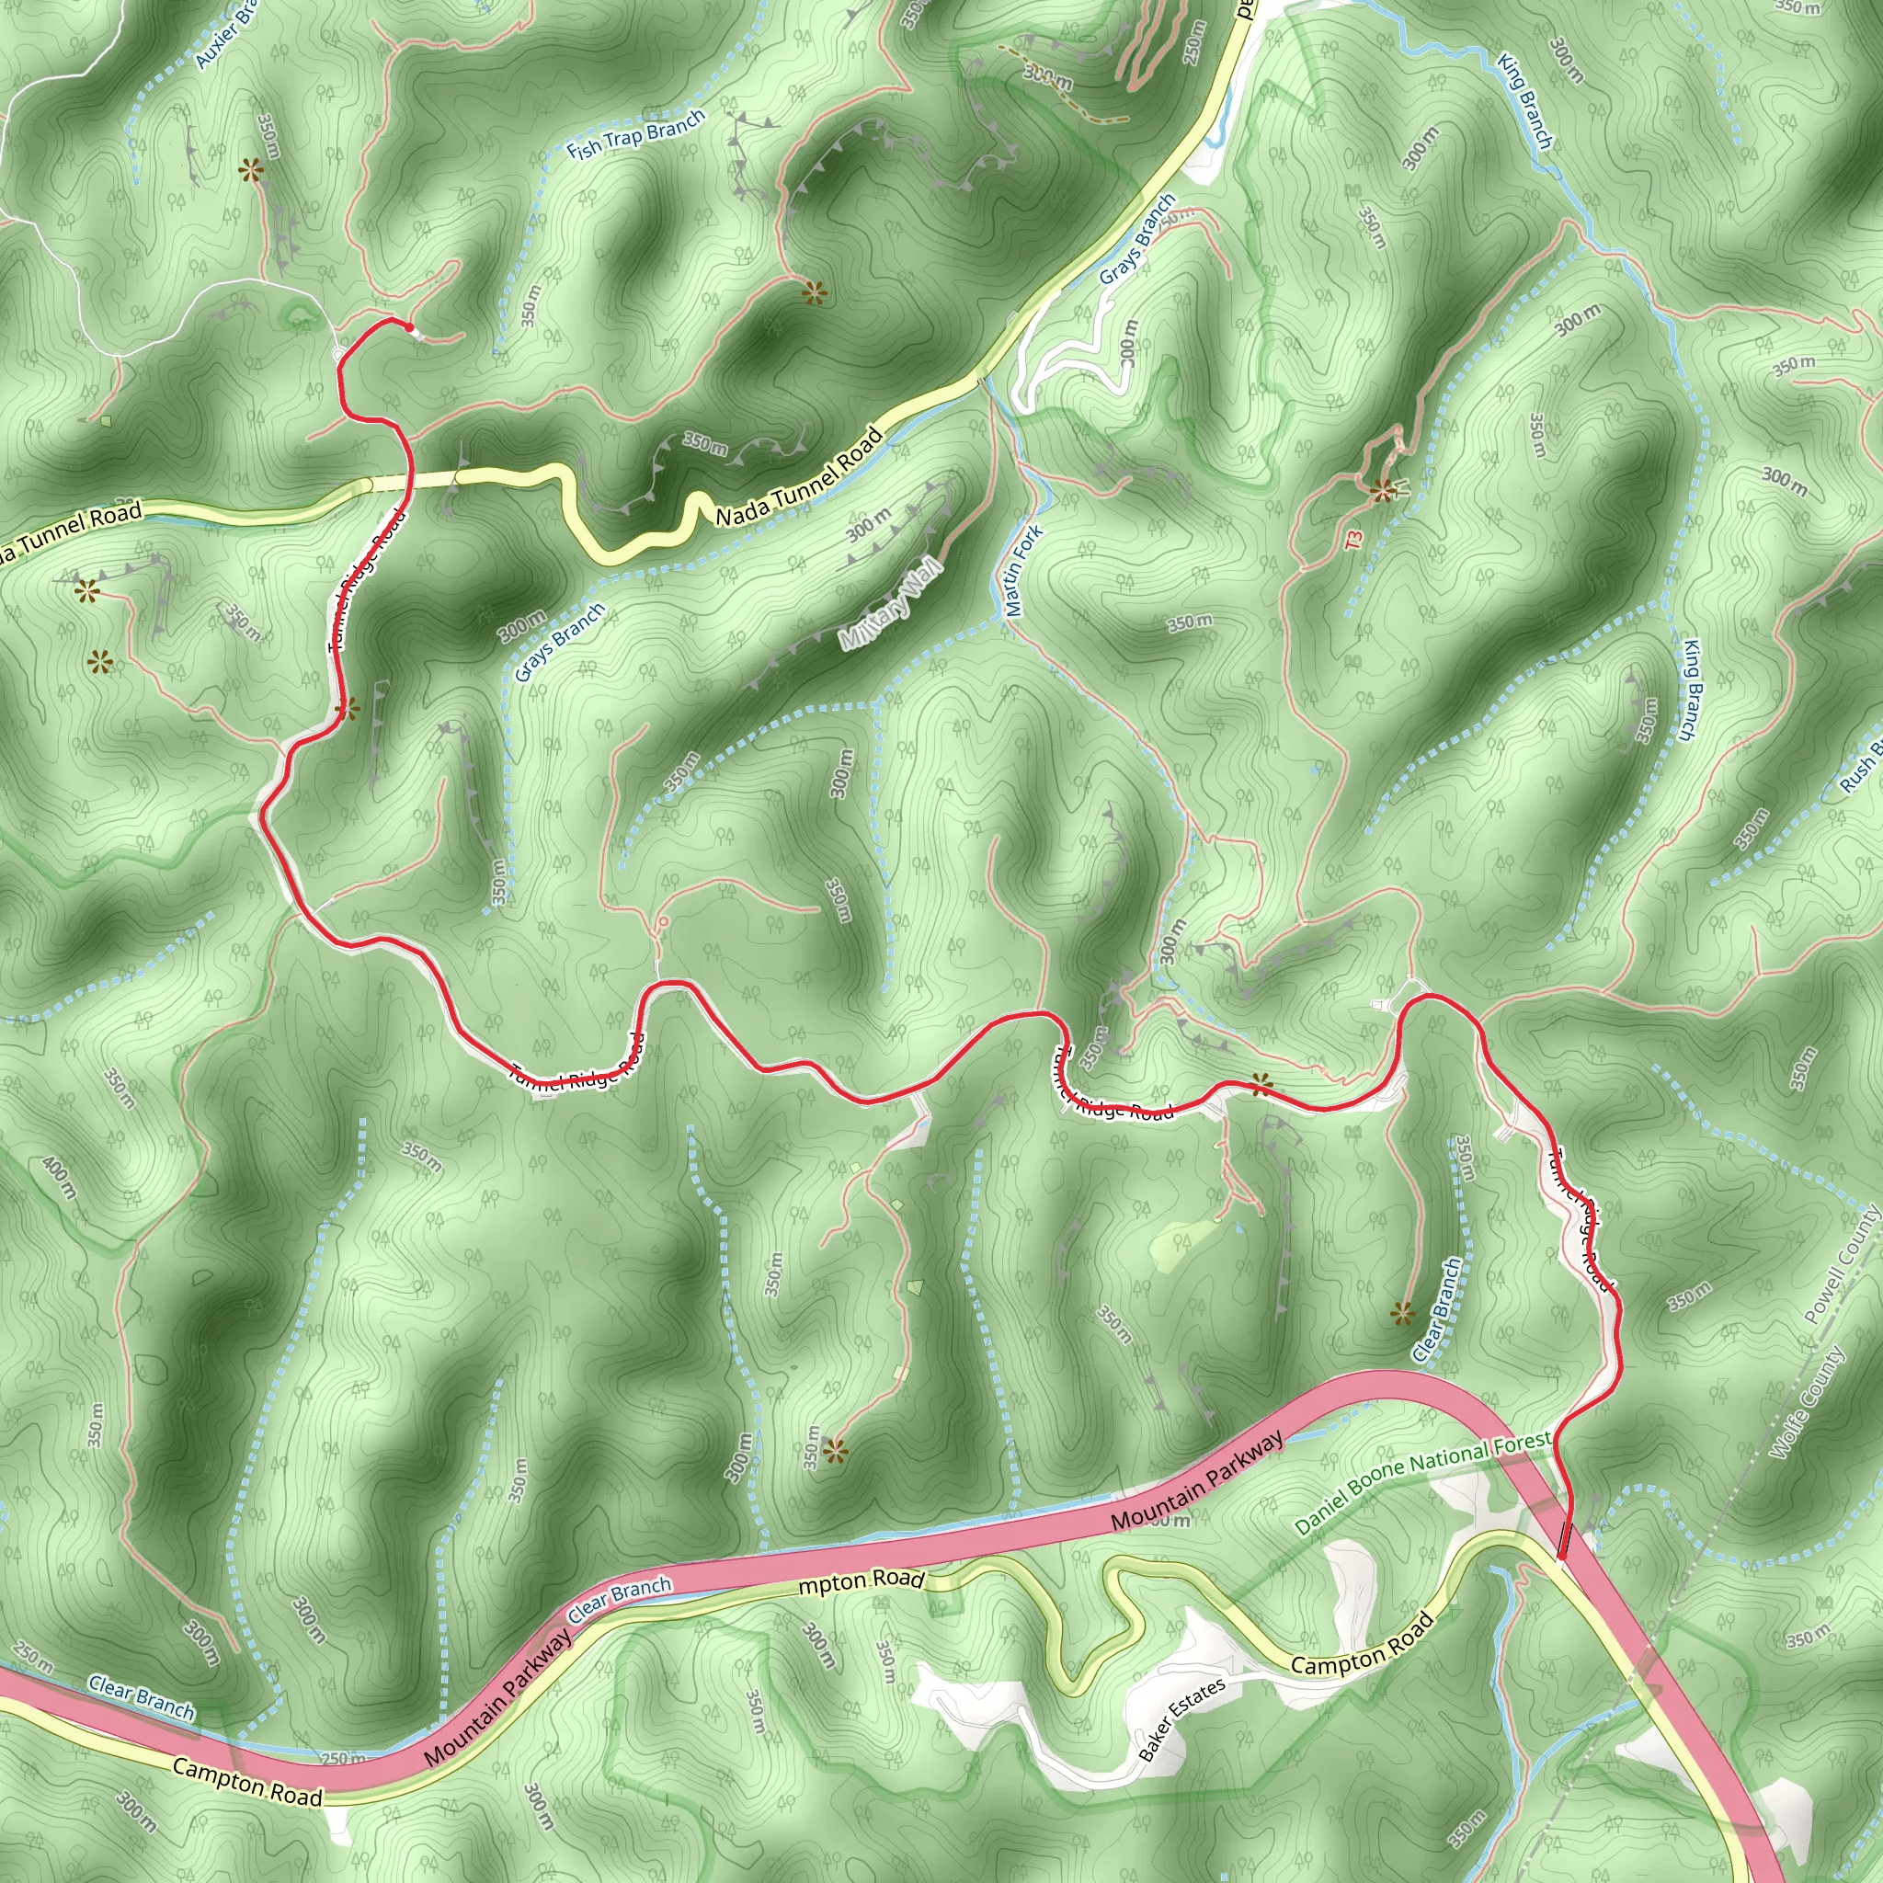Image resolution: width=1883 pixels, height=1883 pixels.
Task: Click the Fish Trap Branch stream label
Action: [x=635, y=135]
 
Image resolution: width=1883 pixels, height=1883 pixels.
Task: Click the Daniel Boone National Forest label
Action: [x=1422, y=1483]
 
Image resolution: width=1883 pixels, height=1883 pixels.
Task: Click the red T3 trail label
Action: [x=1353, y=538]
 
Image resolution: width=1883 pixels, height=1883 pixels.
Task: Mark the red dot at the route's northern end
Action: [x=409, y=327]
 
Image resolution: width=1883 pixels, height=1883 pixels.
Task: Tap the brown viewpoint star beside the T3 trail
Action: [x=1381, y=491]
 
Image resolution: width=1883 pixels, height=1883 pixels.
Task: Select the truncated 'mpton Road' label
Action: [x=860, y=1581]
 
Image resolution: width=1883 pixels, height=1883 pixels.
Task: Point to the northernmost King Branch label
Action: [x=1524, y=101]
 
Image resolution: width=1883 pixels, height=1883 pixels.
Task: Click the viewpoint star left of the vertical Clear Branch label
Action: [x=1401, y=1315]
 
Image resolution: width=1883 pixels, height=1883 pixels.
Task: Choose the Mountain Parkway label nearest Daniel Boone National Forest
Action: [x=1198, y=1480]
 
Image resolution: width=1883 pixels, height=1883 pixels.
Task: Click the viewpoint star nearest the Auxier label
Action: [x=251, y=173]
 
